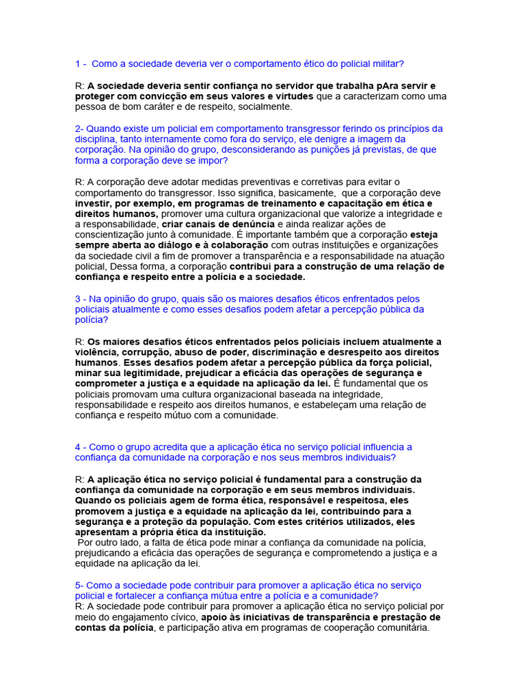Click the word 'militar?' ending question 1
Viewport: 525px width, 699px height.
tap(385, 64)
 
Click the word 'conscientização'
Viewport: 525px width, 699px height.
tap(110, 235)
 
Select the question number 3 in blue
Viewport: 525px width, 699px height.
tap(78, 299)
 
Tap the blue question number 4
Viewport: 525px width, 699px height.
tap(78, 447)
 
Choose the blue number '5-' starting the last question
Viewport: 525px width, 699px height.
tap(79, 586)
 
